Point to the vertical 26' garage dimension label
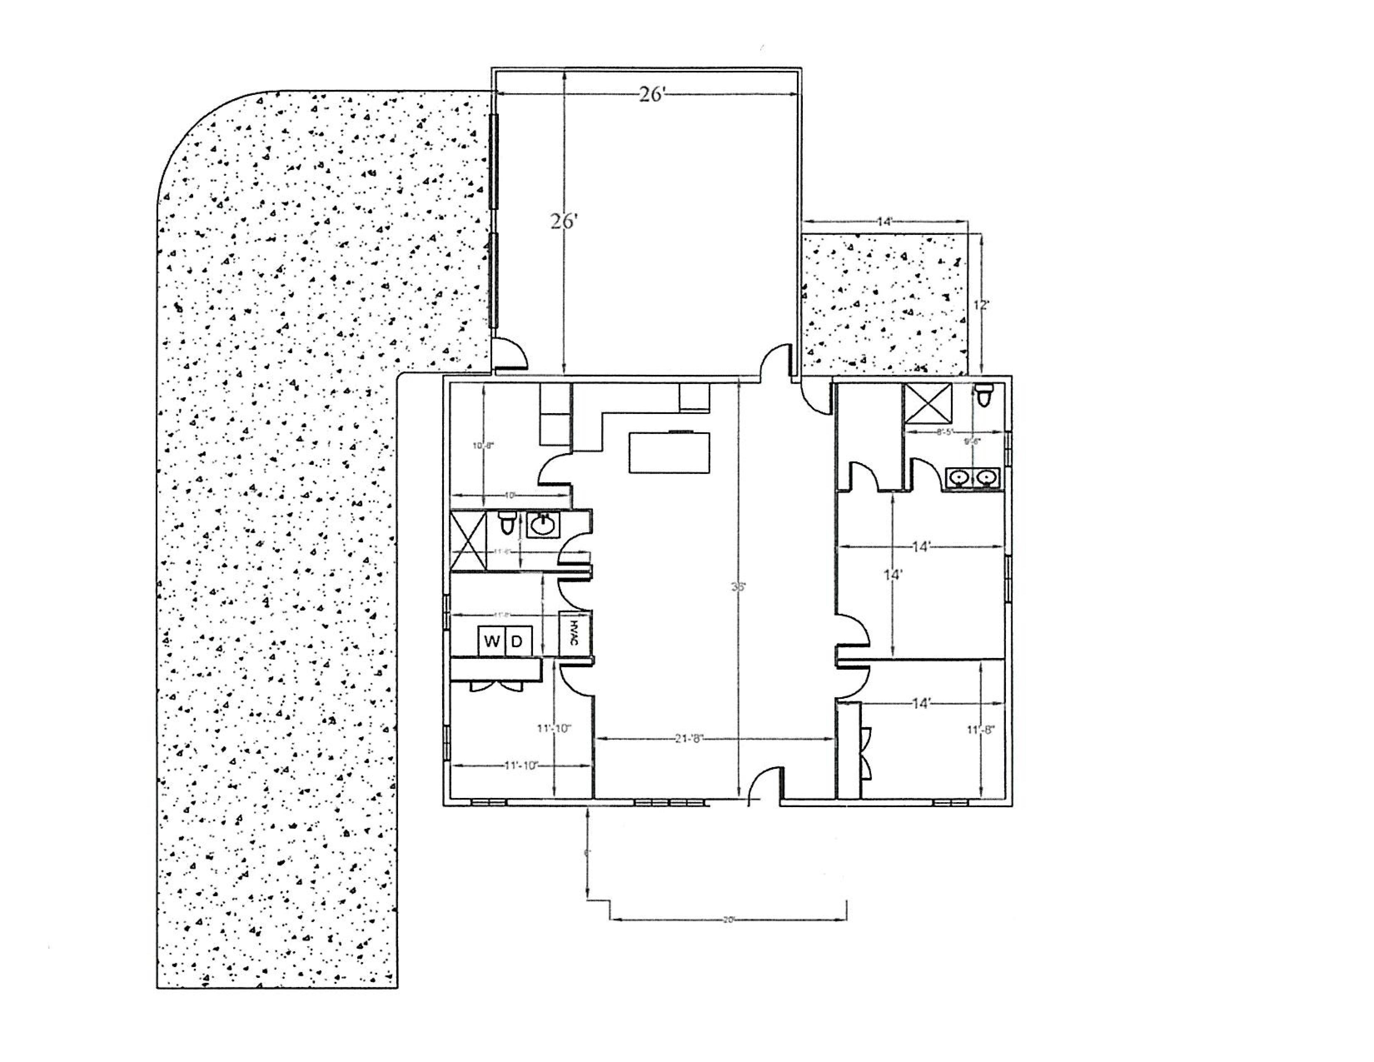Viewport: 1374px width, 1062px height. pos(564,222)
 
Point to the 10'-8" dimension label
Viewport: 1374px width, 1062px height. pos(483,446)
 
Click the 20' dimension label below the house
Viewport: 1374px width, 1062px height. pos(729,920)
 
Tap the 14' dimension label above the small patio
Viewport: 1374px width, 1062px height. pos(885,222)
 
